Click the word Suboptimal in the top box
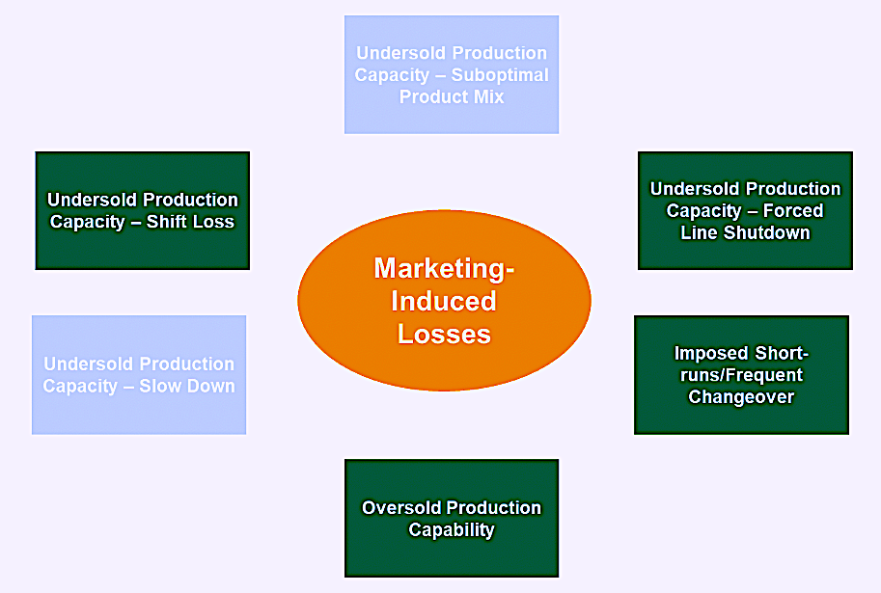[x=500, y=75]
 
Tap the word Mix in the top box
[x=489, y=97]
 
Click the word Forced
[x=793, y=210]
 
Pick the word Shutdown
[x=766, y=232]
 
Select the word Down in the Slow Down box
[x=210, y=387]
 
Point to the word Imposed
[x=711, y=353]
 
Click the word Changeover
[x=741, y=397]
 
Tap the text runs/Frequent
[x=742, y=375]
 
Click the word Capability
[x=452, y=530]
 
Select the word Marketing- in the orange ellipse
[x=444, y=268]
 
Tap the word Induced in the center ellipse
[x=444, y=302]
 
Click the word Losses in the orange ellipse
[x=444, y=335]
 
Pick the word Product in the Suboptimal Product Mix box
[x=434, y=97]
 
